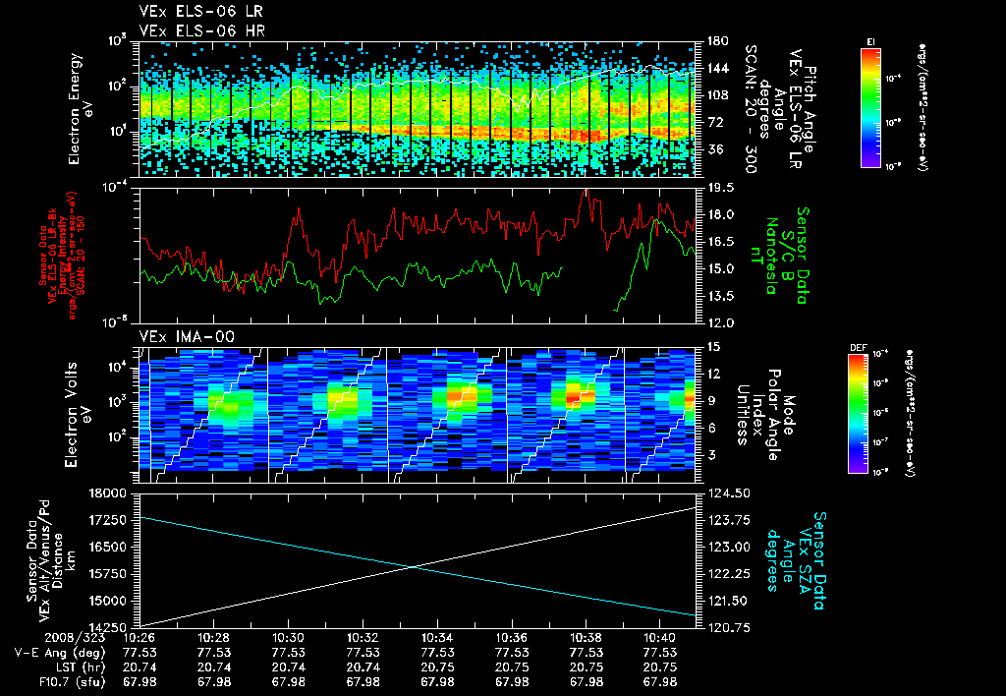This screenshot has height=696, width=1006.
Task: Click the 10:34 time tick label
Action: pos(437,637)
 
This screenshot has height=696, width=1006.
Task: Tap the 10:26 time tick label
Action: pos(139,637)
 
